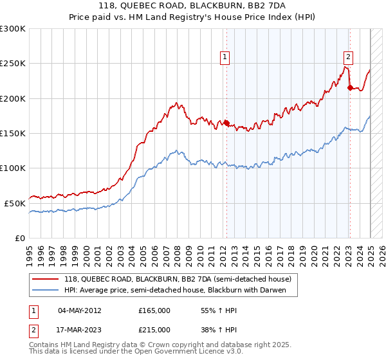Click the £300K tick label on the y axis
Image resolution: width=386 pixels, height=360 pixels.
[x=13, y=29]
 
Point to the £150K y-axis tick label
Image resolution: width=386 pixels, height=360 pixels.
[x=13, y=133]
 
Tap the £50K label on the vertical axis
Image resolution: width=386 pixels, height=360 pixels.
[x=15, y=203]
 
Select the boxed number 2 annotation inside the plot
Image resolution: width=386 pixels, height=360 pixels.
[x=348, y=56]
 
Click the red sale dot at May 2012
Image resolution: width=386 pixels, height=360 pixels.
[x=226, y=123]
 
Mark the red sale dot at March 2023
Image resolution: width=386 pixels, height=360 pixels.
[x=349, y=88]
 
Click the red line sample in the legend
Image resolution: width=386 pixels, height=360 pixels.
[x=45, y=279]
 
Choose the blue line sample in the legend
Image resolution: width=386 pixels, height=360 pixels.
[x=45, y=290]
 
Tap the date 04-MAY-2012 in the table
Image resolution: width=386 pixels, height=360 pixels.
[x=79, y=310]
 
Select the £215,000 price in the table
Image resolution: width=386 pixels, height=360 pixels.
[x=154, y=329]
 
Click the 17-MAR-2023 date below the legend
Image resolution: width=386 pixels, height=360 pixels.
[x=80, y=329]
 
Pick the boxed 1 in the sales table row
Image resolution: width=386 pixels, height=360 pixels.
[x=33, y=310]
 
